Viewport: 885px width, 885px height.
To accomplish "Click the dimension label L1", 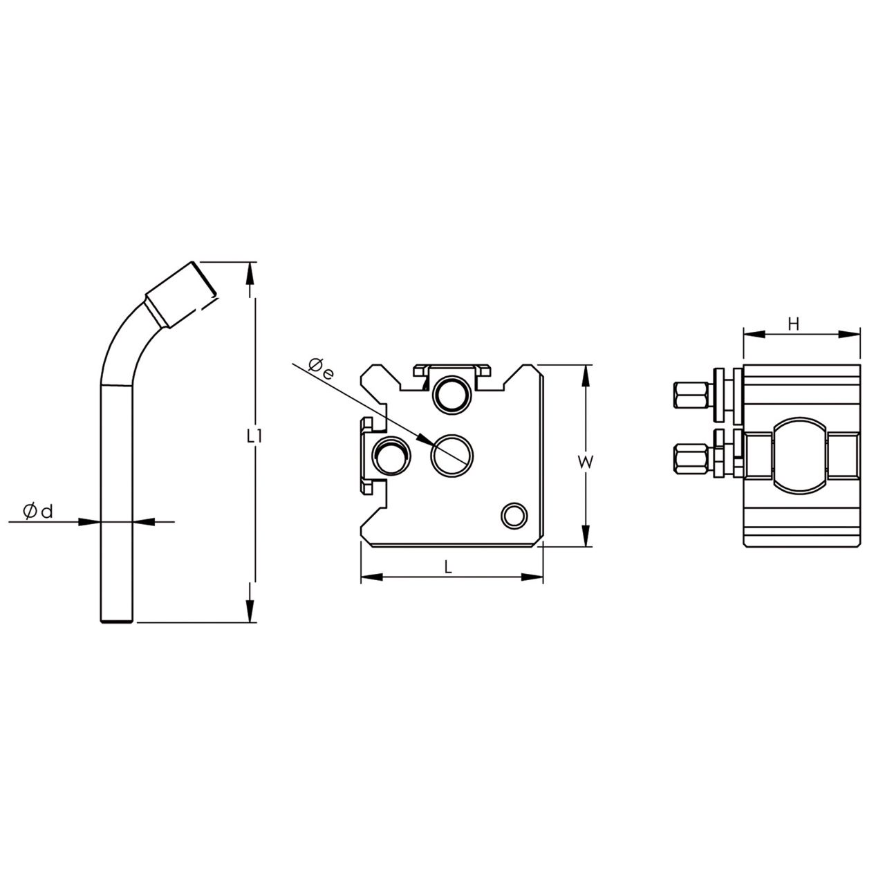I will (254, 436).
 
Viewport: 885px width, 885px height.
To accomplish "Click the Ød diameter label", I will (38, 512).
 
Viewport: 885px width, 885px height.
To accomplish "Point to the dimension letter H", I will (794, 324).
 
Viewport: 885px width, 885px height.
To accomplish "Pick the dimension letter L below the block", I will (448, 567).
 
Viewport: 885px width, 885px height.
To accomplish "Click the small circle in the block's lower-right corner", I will (514, 515).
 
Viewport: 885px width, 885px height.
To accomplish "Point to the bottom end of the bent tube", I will (115, 619).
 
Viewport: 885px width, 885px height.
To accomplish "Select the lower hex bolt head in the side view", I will (691, 458).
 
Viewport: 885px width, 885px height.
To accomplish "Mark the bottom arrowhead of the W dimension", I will (586, 537).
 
